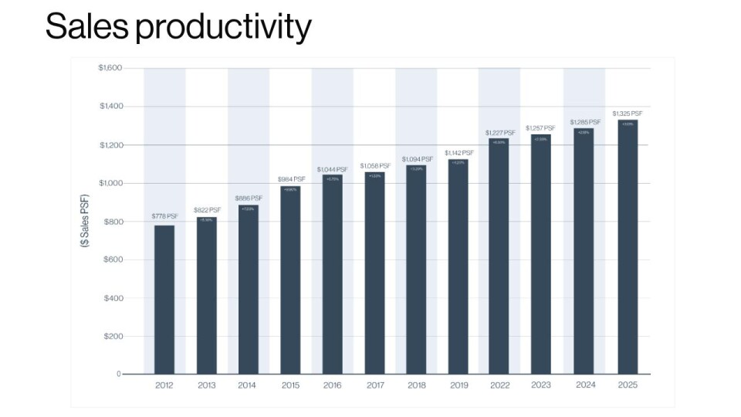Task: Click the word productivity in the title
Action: coord(223,28)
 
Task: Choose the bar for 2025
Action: coord(627,247)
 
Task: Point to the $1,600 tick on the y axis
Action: coord(110,68)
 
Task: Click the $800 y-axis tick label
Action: coord(113,222)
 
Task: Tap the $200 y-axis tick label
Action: coord(113,337)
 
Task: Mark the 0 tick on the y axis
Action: coord(119,375)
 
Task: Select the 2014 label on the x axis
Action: coord(248,385)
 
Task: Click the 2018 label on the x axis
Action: coord(416,385)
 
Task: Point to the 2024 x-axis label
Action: coord(584,385)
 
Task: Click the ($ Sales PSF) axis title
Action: coord(84,221)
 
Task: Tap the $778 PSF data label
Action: coord(164,216)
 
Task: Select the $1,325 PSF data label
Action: coord(627,114)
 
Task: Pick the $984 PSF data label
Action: coord(291,179)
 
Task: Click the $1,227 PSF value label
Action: coord(500,133)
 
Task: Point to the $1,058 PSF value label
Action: coord(374,165)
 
